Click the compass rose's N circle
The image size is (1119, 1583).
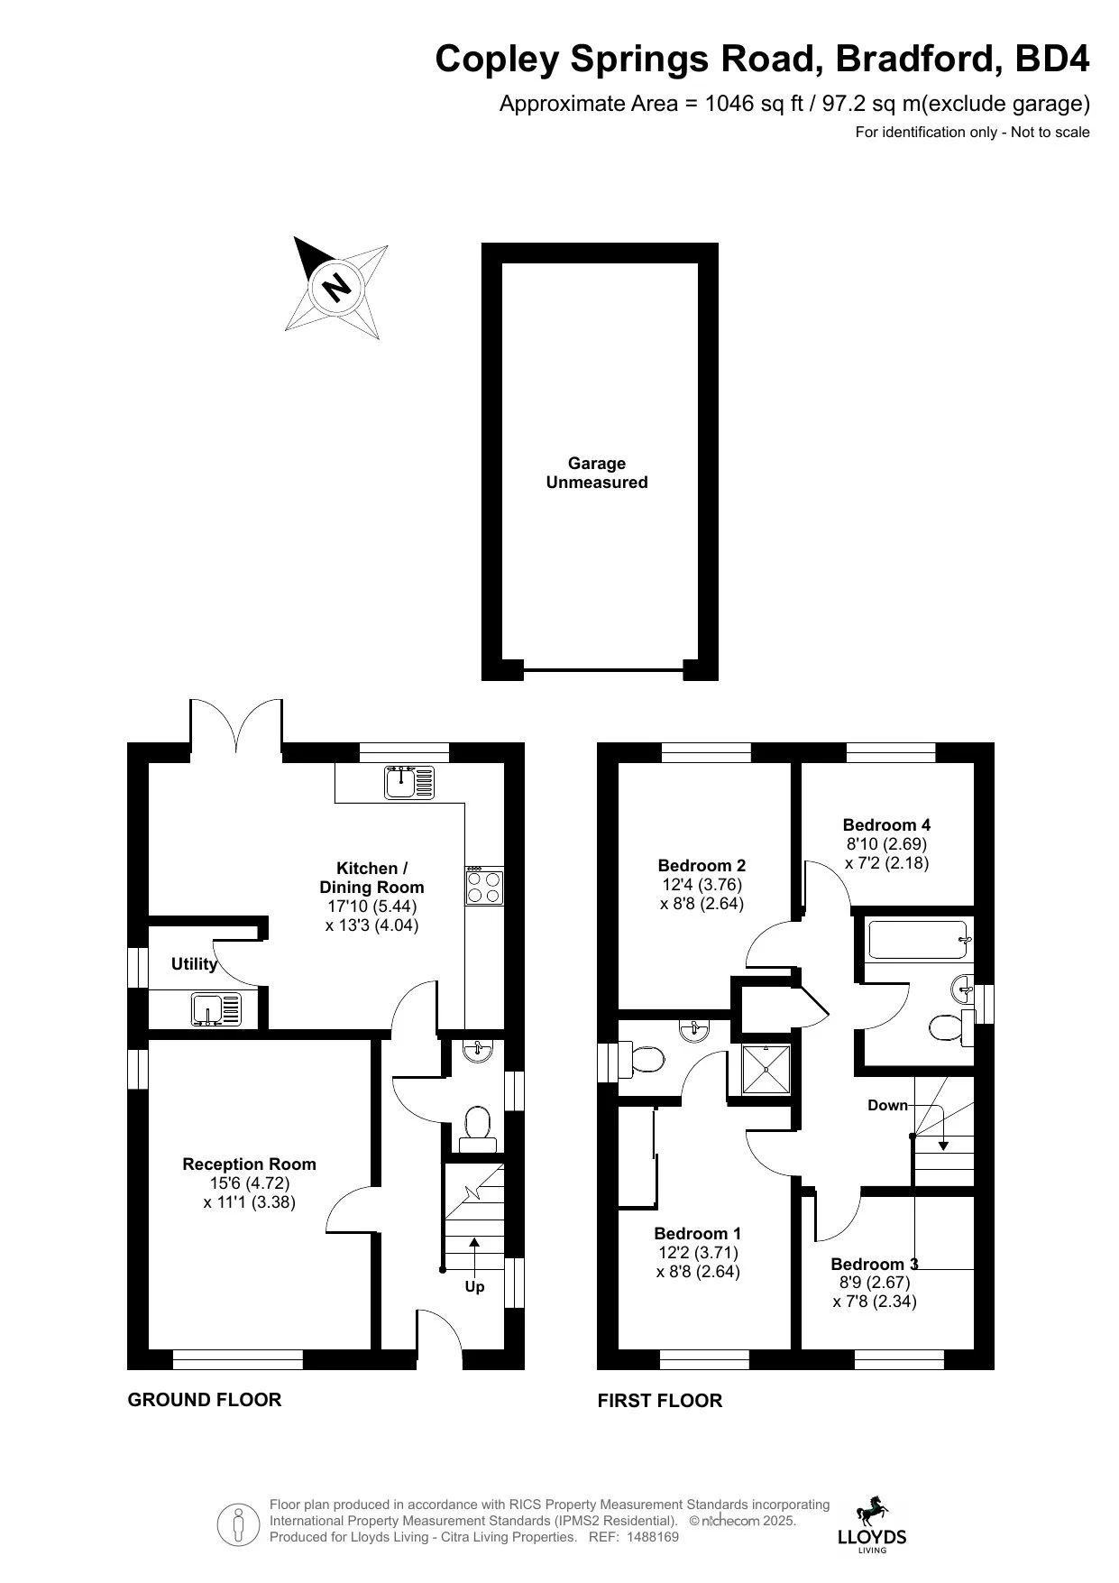point(336,288)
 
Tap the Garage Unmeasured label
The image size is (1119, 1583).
point(597,473)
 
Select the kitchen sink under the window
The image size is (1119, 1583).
point(409,782)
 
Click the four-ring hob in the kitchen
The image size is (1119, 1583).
point(484,885)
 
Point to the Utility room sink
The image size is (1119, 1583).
point(216,1008)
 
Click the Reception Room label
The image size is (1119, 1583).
point(249,1164)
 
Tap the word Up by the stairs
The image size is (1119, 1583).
point(474,1286)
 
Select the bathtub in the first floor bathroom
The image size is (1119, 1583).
point(919,939)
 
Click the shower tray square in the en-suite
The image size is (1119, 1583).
point(765,1069)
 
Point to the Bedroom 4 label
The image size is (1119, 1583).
point(886,824)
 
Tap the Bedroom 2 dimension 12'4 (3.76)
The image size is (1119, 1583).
point(702,885)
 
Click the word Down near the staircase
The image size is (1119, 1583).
point(887,1105)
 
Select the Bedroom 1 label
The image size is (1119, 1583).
point(698,1233)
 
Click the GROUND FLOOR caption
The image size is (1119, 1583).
point(205,1399)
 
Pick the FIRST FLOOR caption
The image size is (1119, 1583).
point(660,1400)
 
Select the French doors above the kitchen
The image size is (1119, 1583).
point(236,726)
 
